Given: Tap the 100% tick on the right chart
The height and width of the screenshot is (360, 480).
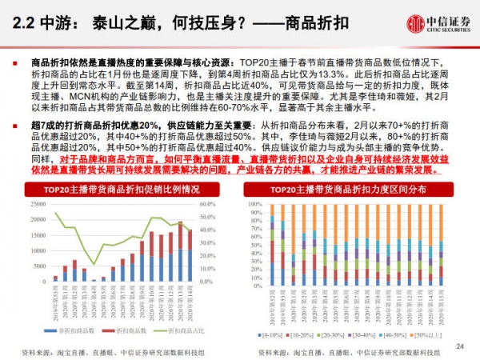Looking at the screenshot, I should point(257,204).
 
